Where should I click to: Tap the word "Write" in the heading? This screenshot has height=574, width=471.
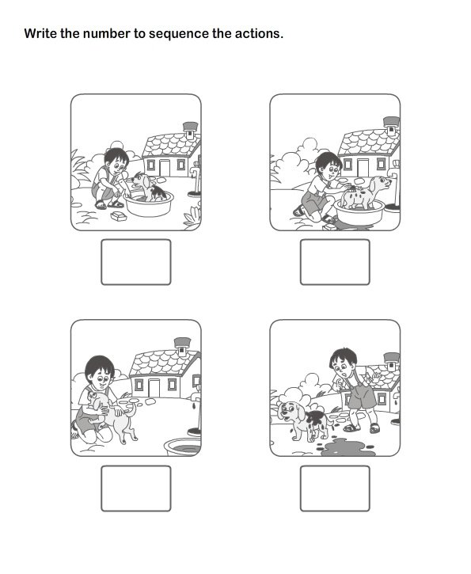40,34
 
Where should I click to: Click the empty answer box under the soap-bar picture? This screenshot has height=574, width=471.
135,262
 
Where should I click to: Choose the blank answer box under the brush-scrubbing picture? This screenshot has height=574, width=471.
335,262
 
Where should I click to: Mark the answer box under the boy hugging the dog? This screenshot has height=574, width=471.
135,488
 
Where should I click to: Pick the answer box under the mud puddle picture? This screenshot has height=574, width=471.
335,488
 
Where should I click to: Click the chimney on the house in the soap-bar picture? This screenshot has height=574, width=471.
190,127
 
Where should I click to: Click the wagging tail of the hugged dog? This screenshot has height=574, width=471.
131,407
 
